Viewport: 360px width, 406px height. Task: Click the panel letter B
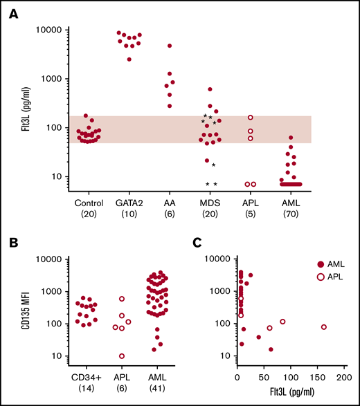(12, 243)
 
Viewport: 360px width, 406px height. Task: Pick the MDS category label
(210, 203)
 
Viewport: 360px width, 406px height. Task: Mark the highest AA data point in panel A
(170, 46)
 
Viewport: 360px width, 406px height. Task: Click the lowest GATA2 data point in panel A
(129, 59)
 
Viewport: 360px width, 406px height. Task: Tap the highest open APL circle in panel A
(251, 118)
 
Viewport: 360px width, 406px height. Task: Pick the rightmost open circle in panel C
(323, 327)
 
